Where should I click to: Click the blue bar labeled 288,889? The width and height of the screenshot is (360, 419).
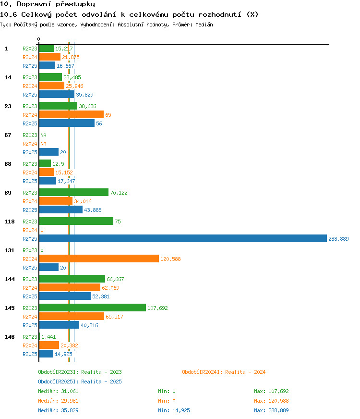click(x=183, y=238)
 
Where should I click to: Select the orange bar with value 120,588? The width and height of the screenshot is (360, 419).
click(x=99, y=259)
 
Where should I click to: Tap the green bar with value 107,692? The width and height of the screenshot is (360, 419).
click(x=93, y=308)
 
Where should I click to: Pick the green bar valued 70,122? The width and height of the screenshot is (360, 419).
click(x=74, y=192)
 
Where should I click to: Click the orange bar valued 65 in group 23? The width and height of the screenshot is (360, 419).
click(x=72, y=115)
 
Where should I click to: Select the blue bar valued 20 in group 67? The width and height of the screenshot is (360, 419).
click(x=49, y=152)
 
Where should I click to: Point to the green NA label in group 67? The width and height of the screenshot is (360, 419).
click(x=44, y=135)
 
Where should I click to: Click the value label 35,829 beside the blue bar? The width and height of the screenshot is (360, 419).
click(x=84, y=95)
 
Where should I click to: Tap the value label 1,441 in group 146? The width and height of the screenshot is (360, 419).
click(x=48, y=337)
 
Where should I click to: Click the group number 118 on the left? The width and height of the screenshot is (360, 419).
click(x=10, y=222)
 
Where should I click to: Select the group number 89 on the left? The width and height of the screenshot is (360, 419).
click(x=8, y=193)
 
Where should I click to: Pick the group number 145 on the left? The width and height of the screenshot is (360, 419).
click(x=10, y=308)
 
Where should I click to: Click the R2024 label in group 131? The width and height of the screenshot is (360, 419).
click(x=30, y=259)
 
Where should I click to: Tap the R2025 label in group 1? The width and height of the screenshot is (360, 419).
click(x=30, y=66)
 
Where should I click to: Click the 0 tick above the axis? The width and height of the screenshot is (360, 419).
click(x=39, y=39)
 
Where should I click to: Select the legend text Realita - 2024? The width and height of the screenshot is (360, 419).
click(x=245, y=372)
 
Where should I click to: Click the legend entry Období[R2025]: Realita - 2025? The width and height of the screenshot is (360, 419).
click(x=80, y=382)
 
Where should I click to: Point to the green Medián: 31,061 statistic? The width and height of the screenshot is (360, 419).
click(x=58, y=391)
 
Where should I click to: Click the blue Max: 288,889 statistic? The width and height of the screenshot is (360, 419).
click(x=271, y=410)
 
